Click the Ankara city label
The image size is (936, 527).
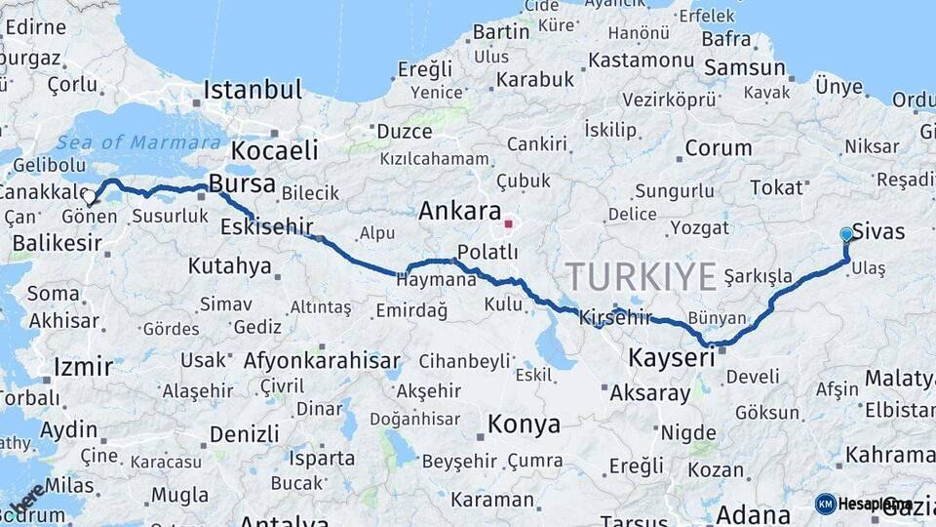(459, 212)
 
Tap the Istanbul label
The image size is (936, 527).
(253, 91)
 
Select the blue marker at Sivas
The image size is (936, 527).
(846, 234)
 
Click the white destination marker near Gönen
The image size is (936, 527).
(90, 197)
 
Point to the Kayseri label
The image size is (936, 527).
(670, 358)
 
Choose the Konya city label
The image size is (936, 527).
(524, 425)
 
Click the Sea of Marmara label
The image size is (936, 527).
(137, 142)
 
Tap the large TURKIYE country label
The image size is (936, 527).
(642, 277)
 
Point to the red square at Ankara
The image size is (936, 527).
(508, 224)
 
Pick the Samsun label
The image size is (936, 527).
(745, 68)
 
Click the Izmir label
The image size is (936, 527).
(83, 367)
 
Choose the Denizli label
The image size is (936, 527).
(244, 433)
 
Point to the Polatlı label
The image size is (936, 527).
(487, 253)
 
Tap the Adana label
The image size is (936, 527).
(753, 514)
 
